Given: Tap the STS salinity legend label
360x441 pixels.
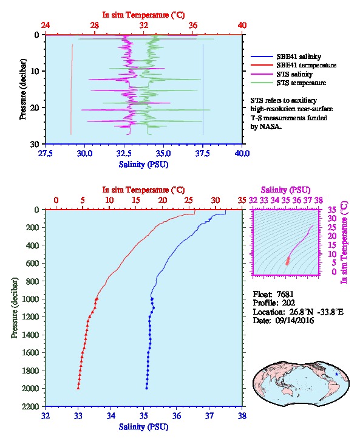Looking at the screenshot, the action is click(x=294, y=74).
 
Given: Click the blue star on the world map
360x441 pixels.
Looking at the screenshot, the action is click(x=337, y=374).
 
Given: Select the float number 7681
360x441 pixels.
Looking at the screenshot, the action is click(x=285, y=294).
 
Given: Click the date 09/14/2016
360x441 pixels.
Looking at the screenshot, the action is click(x=294, y=320).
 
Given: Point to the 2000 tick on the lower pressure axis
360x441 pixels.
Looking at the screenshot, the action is click(x=30, y=388).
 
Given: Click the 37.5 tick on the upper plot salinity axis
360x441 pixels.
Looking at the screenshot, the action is click(x=202, y=153).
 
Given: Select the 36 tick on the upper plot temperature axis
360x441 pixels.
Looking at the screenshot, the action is click(x=193, y=26).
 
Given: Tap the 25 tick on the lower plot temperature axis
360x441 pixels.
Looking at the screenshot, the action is click(x=189, y=200).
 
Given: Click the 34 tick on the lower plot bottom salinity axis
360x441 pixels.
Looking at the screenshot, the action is click(x=111, y=415).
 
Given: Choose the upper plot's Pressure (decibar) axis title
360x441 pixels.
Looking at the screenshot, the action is click(x=23, y=89).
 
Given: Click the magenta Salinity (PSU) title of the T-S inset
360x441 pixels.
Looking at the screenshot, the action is click(x=285, y=190).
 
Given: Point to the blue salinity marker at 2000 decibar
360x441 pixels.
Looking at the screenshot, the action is click(x=146, y=388).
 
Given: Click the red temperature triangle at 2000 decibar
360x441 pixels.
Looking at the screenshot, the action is click(x=78, y=388).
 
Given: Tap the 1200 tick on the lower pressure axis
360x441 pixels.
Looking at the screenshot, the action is click(x=30, y=317).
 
